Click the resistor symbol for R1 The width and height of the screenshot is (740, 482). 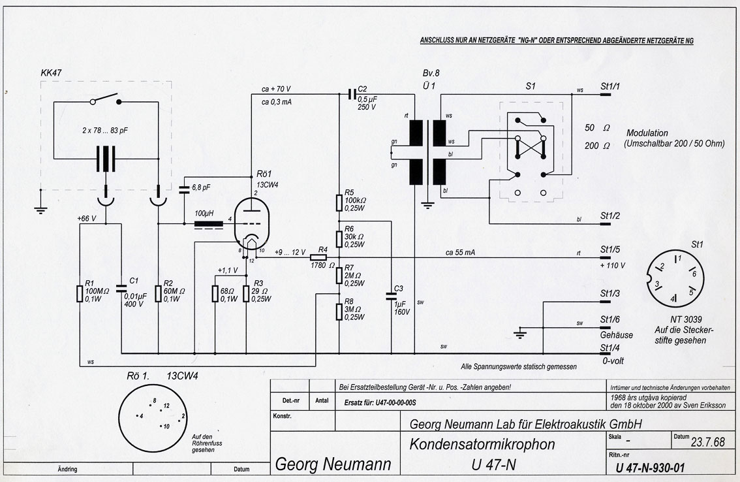(x=80, y=293)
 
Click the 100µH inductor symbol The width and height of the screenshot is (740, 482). (x=208, y=225)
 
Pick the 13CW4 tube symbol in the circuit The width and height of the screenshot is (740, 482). (x=254, y=225)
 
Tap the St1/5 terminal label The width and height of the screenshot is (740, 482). (x=609, y=249)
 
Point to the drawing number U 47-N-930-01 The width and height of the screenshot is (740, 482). (x=653, y=467)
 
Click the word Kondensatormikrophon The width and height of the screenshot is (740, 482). (x=482, y=445)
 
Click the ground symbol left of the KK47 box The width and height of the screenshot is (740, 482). (x=40, y=210)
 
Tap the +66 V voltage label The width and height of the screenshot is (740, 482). (x=87, y=218)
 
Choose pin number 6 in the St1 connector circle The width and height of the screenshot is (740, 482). (x=693, y=274)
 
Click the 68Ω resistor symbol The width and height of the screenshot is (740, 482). (x=215, y=294)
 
